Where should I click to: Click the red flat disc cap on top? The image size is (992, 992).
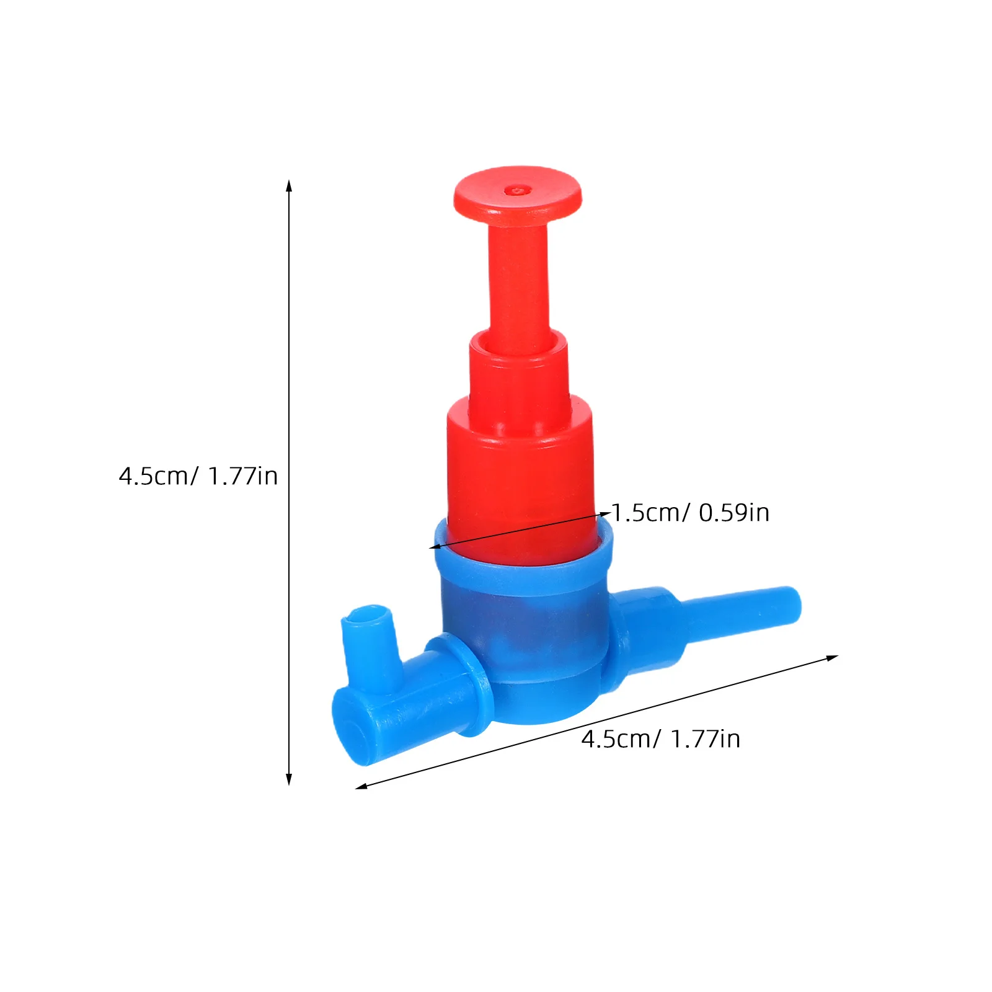click(518, 194)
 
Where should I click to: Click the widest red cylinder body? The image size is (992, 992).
click(521, 477)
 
